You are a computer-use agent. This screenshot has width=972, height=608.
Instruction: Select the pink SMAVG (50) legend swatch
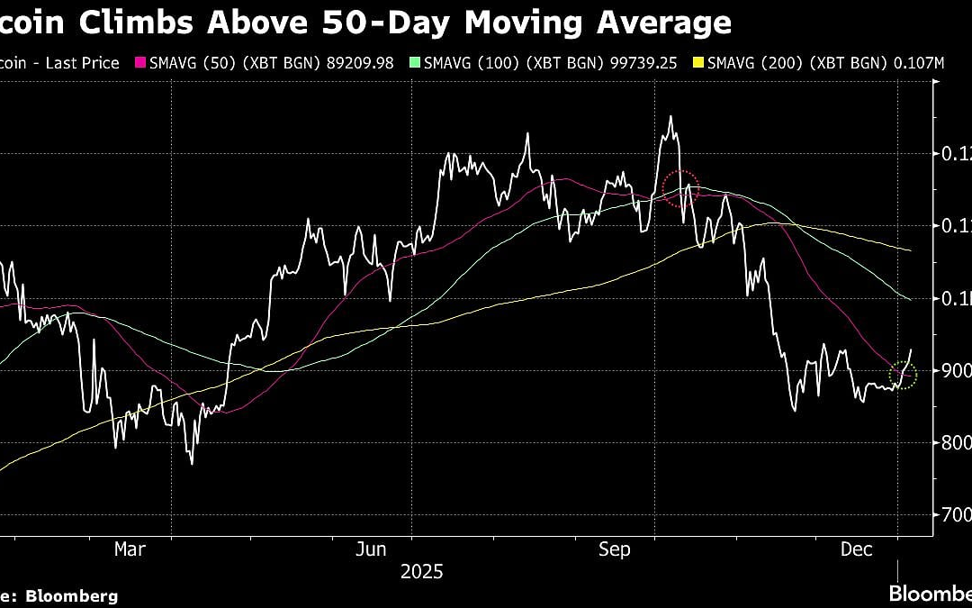pyautogui.click(x=139, y=63)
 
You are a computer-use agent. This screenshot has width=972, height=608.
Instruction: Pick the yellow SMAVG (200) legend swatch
pyautogui.click(x=700, y=63)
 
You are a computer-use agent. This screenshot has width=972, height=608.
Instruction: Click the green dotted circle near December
pyautogui.click(x=903, y=375)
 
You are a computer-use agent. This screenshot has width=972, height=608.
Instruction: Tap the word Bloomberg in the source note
pyautogui.click(x=72, y=595)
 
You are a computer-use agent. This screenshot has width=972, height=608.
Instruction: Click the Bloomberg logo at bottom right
pyautogui.click(x=930, y=594)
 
